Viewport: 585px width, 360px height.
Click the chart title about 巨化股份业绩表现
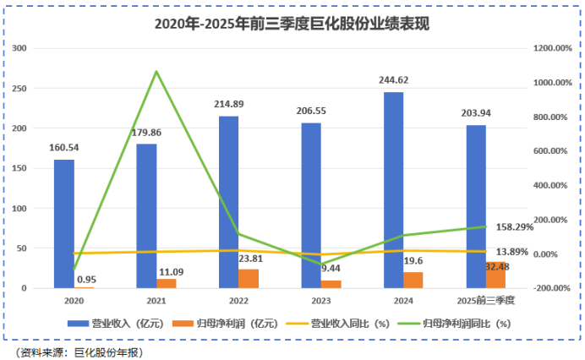point(292,25)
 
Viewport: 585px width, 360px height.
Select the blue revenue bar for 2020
point(64,224)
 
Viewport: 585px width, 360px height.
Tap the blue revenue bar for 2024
point(393,190)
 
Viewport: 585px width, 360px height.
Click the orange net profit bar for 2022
point(249,279)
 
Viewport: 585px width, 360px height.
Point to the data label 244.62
point(393,80)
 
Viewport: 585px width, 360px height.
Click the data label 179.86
point(146,132)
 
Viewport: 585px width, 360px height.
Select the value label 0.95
point(86,279)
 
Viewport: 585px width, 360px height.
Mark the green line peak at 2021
point(156,72)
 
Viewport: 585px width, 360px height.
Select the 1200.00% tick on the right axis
point(555,48)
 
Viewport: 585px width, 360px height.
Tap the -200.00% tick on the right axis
point(555,288)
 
